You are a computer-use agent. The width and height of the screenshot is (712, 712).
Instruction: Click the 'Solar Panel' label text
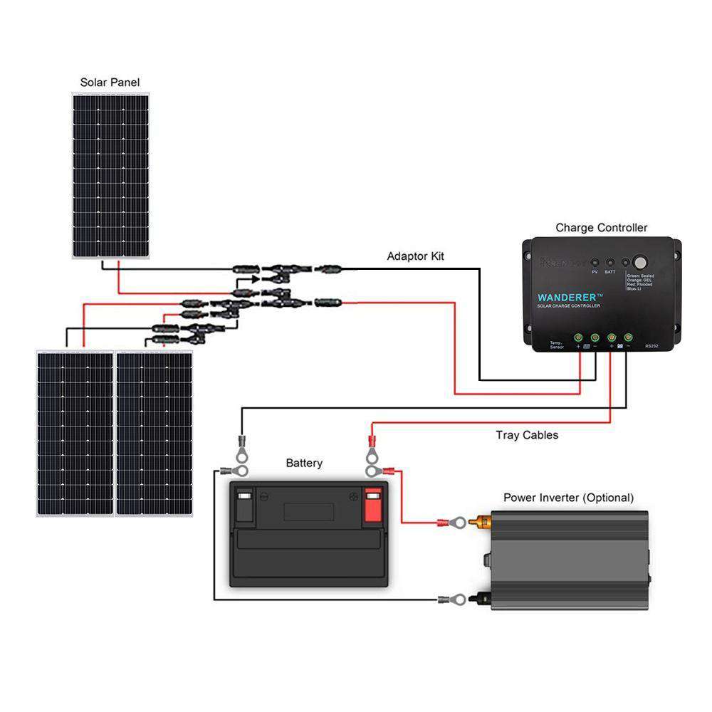coord(110,83)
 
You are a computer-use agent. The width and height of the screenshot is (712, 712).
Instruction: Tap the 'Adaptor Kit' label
coord(415,256)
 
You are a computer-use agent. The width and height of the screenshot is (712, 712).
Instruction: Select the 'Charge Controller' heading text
coord(602,228)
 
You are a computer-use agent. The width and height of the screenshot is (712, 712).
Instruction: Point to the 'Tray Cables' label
coord(527,434)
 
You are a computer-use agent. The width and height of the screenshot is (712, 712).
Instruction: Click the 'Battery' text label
coord(304,464)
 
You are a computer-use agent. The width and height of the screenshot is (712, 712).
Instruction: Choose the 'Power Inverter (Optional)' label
coord(568,498)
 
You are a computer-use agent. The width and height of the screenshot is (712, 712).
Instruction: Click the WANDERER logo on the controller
coord(570,295)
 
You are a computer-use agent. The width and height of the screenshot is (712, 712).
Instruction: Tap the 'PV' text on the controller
coord(595,272)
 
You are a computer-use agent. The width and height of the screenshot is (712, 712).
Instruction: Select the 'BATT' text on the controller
coord(610,272)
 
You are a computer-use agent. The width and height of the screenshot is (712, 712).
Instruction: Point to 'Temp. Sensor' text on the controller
coord(557,345)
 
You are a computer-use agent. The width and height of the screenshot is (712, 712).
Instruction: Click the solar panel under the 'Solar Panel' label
coord(110,174)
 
